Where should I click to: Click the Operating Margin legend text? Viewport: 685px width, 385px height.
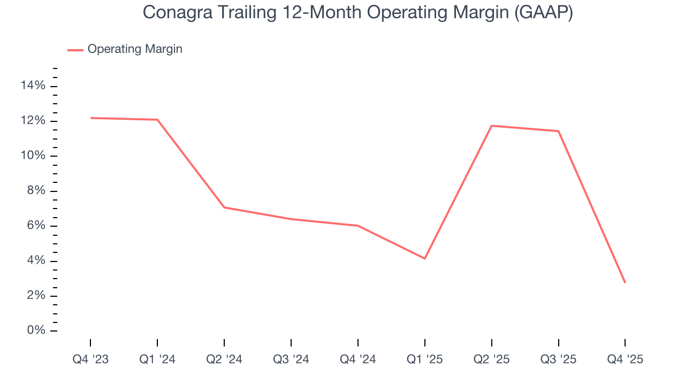coord(135,49)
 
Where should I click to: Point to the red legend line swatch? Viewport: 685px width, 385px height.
coord(75,50)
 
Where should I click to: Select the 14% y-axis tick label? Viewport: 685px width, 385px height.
coord(33,86)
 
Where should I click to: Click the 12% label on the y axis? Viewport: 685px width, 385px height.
coord(33,121)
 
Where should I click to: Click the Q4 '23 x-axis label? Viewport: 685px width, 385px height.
coord(90,360)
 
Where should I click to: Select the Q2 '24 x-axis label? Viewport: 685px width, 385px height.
coord(224,360)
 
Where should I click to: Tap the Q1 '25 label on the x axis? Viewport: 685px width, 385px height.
coord(425,360)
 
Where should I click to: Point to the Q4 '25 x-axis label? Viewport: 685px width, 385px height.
coord(625,360)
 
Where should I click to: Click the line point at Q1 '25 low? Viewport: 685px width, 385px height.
coord(425,259)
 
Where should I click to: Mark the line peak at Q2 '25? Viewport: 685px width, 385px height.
coord(492,126)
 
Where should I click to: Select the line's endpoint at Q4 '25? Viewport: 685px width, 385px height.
coord(625,282)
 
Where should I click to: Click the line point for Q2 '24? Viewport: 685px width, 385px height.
coord(224,207)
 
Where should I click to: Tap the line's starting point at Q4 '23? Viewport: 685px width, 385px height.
coord(90,118)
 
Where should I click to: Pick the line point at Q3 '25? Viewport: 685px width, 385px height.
coord(559,131)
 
